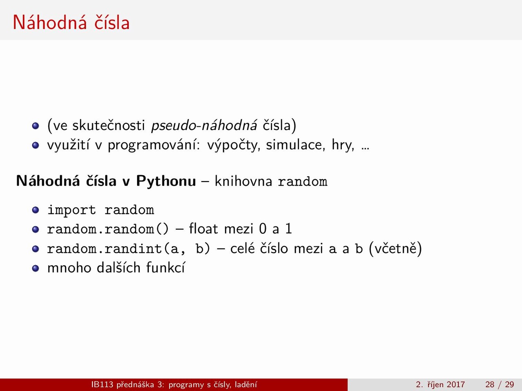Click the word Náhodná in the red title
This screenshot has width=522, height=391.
coord(49,22)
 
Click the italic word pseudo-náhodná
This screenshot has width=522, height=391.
coord(204,125)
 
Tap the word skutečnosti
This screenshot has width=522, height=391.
coord(108,125)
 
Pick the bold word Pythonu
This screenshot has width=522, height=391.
coord(166,181)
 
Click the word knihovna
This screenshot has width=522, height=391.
coord(243,181)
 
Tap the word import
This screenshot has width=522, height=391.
coord(72,210)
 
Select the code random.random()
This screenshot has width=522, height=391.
coord(108,229)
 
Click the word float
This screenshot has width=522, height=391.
coord(203,228)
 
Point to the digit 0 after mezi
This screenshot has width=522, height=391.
coord(263,229)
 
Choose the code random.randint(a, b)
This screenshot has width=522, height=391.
coord(128,248)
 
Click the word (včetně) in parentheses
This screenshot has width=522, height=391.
coord(395,248)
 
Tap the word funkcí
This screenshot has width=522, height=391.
coord(166,268)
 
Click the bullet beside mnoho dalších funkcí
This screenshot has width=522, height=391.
coord(35,268)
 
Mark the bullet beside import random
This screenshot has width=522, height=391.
coord(35,210)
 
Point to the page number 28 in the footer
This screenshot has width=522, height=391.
coord(490,384)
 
